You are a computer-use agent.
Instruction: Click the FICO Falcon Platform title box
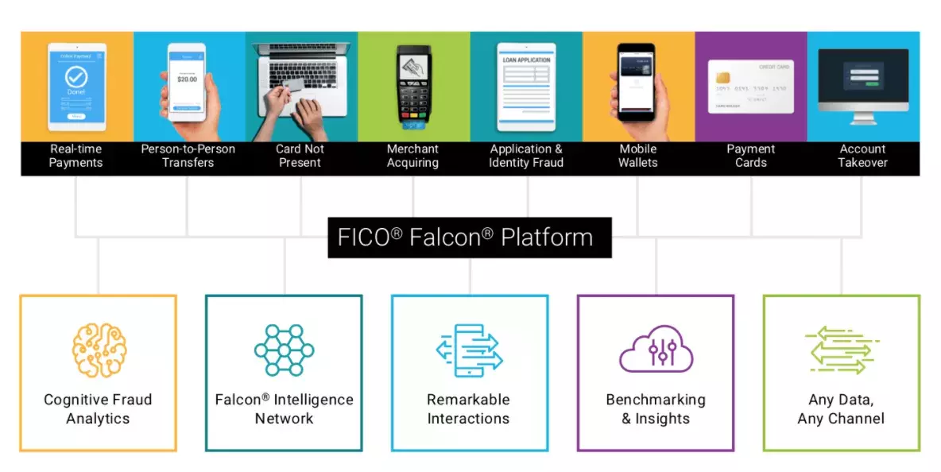click(x=469, y=238)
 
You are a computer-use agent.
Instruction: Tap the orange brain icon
click(x=99, y=350)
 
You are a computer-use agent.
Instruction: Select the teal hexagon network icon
click(x=284, y=350)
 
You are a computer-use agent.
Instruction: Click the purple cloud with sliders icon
click(x=656, y=350)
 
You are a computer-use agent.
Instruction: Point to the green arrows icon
click(x=842, y=350)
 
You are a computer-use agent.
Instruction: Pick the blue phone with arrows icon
click(x=468, y=350)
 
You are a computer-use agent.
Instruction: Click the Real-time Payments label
click(x=76, y=156)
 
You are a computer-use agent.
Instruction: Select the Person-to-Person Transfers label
click(x=188, y=156)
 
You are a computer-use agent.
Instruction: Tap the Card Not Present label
click(x=300, y=156)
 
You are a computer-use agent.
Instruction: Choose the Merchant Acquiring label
click(x=412, y=156)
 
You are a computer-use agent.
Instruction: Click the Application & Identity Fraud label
click(x=525, y=156)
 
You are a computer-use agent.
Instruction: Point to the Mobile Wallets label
click(x=638, y=156)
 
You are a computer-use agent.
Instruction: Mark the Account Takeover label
click(x=863, y=156)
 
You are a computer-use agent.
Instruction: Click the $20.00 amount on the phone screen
click(x=188, y=79)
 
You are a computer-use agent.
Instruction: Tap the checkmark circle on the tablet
click(x=76, y=77)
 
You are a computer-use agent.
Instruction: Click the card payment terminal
click(x=413, y=84)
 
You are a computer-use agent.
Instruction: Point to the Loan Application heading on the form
click(x=525, y=60)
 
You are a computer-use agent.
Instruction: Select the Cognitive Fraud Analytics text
click(x=98, y=409)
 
